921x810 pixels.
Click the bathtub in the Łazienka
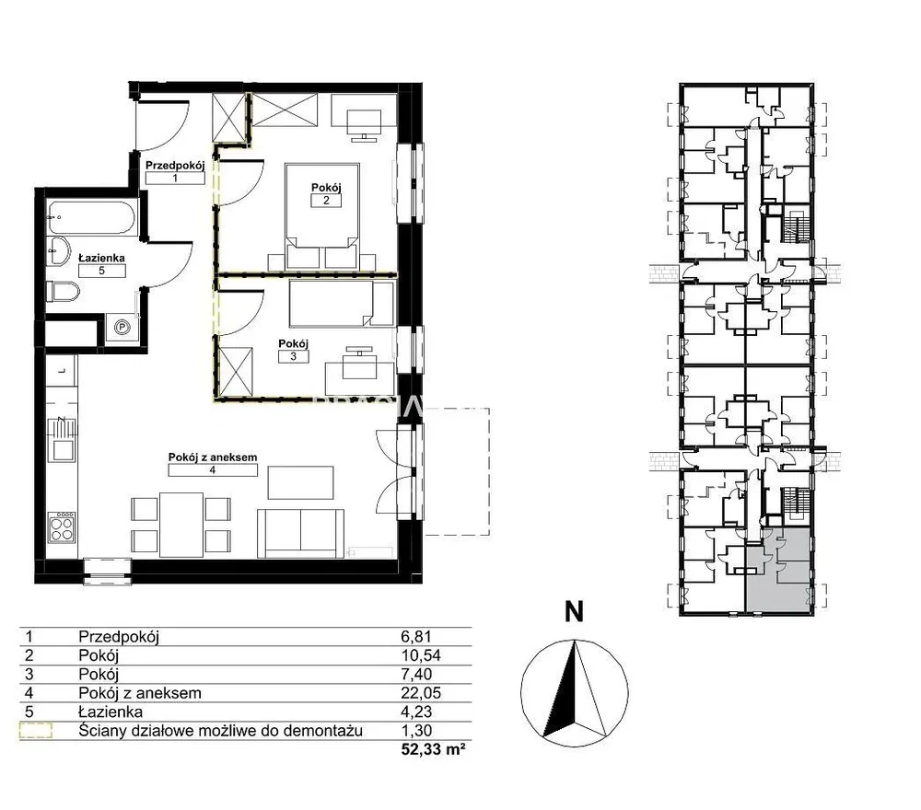(91, 218)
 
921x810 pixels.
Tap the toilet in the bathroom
(63, 292)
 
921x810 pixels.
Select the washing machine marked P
(122, 327)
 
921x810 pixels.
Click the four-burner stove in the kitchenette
(62, 526)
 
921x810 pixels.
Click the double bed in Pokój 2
(321, 216)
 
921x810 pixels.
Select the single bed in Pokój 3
(342, 304)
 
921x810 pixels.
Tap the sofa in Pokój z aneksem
(301, 533)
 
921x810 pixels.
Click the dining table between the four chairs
(181, 524)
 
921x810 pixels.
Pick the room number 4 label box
(213, 469)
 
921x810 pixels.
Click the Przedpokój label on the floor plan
(175, 166)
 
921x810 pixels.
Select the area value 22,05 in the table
(421, 693)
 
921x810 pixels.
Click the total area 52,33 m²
(434, 749)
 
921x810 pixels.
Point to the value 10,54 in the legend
(421, 655)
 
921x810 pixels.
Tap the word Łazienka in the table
(111, 712)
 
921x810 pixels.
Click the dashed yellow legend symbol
(36, 730)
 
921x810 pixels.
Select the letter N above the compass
(574, 611)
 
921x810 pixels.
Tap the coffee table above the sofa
(301, 482)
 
